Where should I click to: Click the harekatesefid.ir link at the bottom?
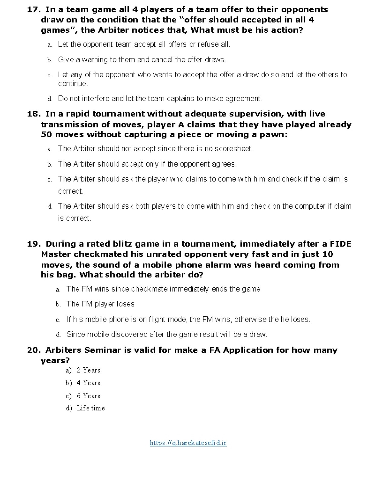pos(188,443)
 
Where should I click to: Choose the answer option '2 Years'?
pos(88,370)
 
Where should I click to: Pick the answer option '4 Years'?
pos(88,383)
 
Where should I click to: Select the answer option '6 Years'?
pos(88,396)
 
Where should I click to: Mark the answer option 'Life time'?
pos(91,408)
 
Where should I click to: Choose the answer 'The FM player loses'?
pos(100,304)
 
